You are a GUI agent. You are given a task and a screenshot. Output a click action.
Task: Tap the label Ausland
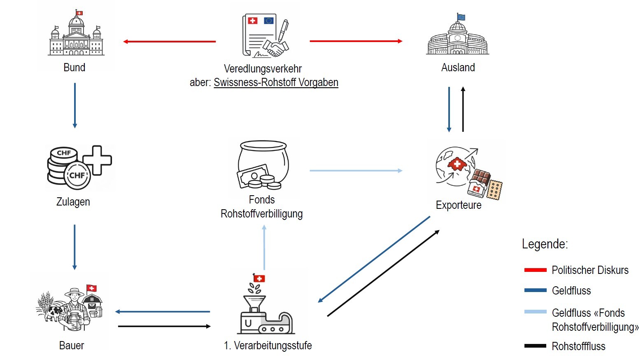point(458,68)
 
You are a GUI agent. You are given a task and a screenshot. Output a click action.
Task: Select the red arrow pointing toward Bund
point(169,42)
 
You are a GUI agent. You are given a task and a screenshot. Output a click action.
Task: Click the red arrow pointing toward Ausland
point(356,41)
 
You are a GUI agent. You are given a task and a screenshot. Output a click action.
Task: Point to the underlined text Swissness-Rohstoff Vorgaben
point(276,82)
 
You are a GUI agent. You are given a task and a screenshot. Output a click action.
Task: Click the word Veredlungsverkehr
point(263,69)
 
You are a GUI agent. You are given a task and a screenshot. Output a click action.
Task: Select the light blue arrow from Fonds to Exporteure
point(356,171)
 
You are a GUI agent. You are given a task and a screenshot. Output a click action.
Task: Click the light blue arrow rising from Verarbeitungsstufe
point(264,247)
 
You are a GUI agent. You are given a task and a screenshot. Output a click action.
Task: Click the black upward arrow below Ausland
point(463,109)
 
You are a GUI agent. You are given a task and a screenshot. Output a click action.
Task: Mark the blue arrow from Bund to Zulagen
point(75,105)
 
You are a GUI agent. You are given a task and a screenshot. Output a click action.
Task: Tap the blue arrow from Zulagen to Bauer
point(75,247)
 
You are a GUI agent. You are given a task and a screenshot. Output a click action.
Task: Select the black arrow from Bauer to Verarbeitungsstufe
point(164,326)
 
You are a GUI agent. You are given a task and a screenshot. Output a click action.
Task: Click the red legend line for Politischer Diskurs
point(535,270)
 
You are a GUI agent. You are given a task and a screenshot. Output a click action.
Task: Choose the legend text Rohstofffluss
point(578,346)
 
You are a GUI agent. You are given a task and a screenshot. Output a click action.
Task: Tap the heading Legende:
point(545,244)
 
